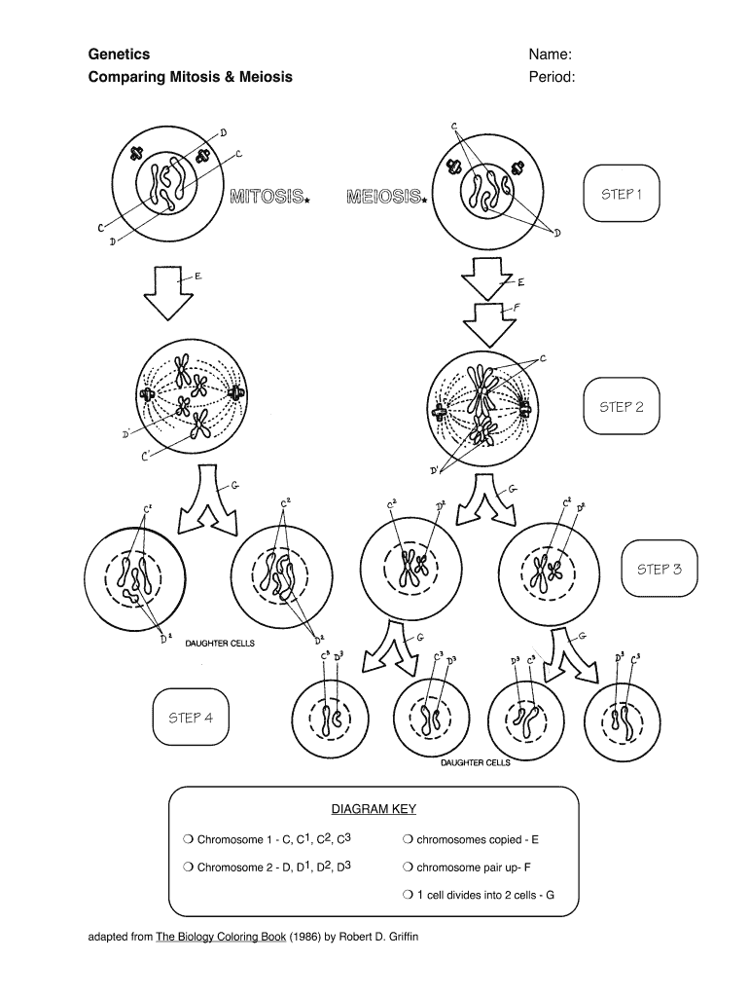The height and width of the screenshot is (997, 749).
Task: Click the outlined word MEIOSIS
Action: click(384, 198)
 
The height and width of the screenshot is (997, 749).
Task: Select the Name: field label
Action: click(550, 55)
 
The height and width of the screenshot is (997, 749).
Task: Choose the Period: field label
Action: click(552, 77)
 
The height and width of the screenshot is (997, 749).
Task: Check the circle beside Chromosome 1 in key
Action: click(187, 839)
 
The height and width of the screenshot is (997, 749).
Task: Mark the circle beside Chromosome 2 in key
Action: click(187, 867)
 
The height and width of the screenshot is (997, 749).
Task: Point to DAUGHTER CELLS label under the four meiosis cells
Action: click(475, 762)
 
